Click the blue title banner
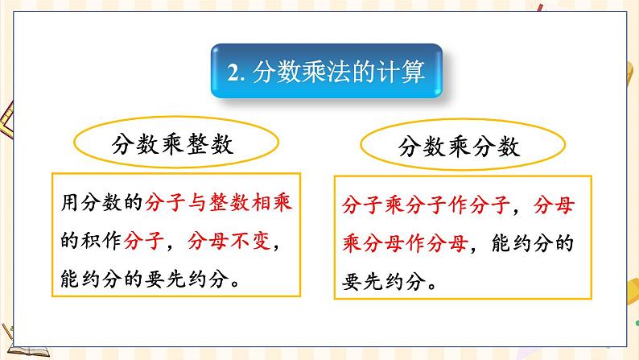tap(325, 73)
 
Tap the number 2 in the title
tap(233, 75)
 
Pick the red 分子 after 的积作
tap(150, 239)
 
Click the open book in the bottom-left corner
tap(28, 346)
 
